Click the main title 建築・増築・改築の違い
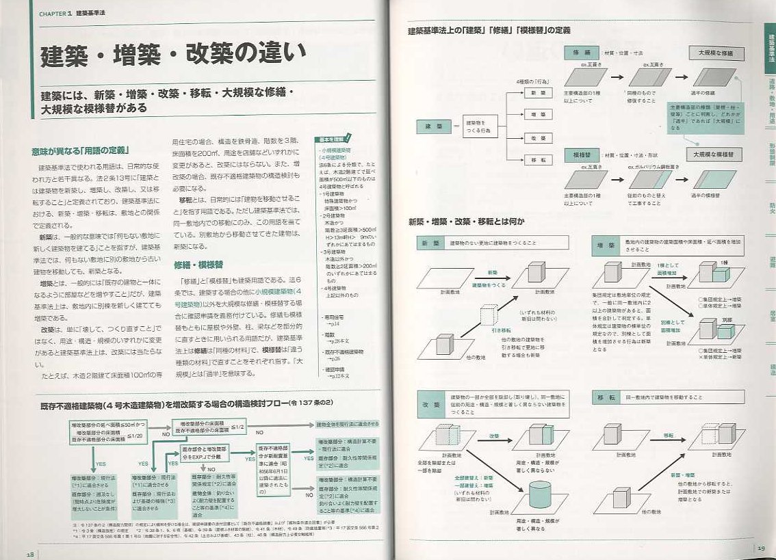pos(172,56)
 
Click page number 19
pos(760,546)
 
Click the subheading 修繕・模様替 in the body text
pos(203,264)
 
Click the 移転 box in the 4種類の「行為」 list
pos(537,159)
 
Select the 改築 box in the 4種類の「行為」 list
pos(537,137)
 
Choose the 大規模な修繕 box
pos(715,53)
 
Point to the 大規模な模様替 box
pos(714,155)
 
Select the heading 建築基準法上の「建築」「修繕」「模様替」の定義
pos(489,31)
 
